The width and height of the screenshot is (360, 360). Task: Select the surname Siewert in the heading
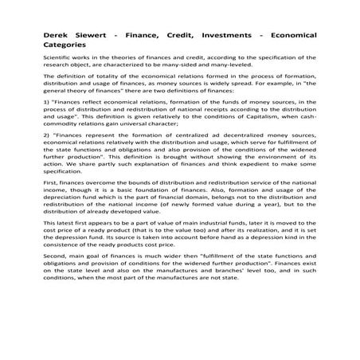click(102, 37)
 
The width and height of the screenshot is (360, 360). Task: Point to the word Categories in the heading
click(69, 47)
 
